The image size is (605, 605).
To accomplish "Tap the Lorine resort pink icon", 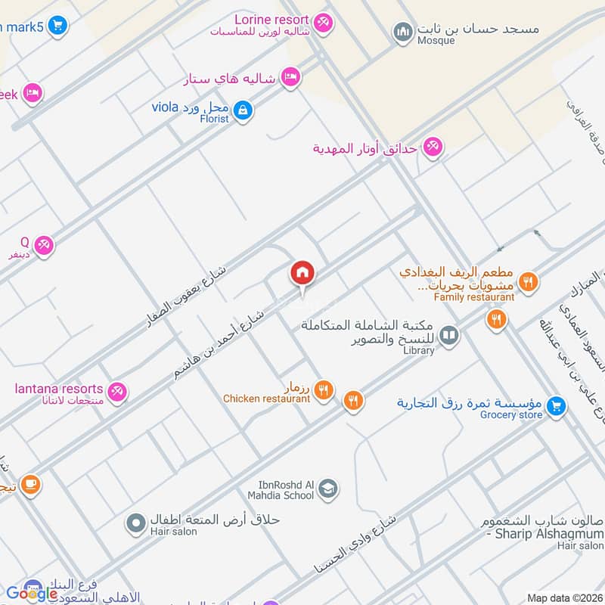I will pos(324,24).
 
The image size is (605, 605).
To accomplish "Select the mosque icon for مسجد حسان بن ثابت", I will pos(402,33).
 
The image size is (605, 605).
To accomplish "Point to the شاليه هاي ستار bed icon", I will pos(290,77).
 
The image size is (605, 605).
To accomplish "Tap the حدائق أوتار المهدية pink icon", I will pos(432,147).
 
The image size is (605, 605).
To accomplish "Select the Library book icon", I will pos(449,334).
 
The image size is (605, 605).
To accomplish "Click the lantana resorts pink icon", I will pos(116,392).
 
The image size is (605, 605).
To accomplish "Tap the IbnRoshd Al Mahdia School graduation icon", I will pos(327,489).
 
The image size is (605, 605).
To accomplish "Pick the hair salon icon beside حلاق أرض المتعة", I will pos(136,522).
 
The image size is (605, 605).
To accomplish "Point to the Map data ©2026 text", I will pos(563,598).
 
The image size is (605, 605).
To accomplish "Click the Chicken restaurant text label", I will pos(266,399).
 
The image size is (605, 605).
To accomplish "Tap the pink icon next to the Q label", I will pos(44,245).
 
